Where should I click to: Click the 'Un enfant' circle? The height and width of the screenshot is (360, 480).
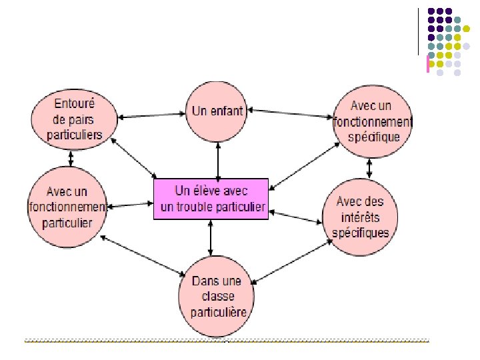(x=218, y=111)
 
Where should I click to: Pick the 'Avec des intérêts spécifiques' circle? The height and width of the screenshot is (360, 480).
(x=360, y=216)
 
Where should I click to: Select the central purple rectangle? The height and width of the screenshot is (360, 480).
(x=211, y=198)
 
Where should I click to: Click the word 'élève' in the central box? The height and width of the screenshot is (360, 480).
(x=213, y=190)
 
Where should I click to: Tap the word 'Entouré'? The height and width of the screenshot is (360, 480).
(x=74, y=105)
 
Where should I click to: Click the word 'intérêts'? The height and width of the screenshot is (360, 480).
(x=360, y=217)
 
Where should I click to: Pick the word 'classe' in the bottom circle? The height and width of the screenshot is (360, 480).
(x=217, y=297)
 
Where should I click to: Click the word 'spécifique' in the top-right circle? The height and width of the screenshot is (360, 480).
(x=374, y=137)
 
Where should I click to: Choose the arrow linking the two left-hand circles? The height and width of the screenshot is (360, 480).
(x=71, y=158)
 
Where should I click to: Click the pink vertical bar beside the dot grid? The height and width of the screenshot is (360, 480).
(x=427, y=64)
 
